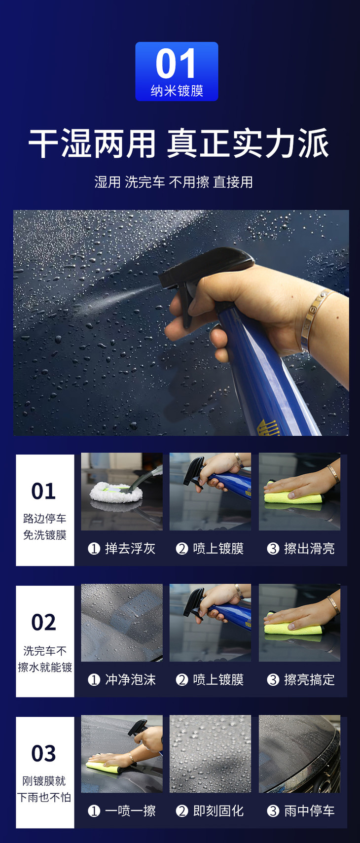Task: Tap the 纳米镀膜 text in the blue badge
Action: point(177,91)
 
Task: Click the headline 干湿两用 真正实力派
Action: point(179,143)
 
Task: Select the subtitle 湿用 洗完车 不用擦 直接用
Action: point(174,182)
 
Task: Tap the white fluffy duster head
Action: point(116,492)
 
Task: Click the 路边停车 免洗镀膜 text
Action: point(45,527)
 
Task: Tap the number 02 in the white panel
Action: point(44,622)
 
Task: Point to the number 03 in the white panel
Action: point(44,753)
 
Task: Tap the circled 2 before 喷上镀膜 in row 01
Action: point(182,549)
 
